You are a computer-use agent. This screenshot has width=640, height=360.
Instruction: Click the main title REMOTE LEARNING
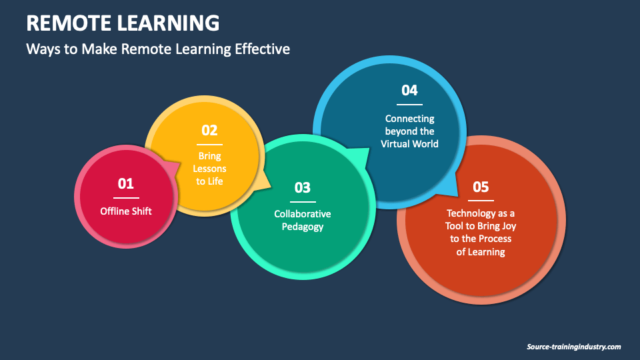click(123, 23)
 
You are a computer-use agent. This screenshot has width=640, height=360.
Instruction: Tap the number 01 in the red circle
click(126, 183)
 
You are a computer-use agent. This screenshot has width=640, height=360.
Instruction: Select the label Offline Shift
click(126, 211)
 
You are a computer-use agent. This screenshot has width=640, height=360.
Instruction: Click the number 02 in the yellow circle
click(209, 130)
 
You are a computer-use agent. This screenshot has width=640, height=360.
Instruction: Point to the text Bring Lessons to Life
click(209, 169)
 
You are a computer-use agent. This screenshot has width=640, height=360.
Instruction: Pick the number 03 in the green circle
click(303, 187)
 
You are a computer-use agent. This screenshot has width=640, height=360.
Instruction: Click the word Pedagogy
click(303, 227)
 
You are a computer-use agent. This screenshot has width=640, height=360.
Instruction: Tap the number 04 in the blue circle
click(409, 90)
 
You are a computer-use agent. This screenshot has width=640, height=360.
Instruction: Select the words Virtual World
click(409, 143)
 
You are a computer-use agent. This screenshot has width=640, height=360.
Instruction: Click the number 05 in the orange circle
click(481, 187)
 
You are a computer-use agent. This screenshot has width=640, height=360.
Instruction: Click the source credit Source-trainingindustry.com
click(573, 347)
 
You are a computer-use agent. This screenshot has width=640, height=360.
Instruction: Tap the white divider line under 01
click(126, 197)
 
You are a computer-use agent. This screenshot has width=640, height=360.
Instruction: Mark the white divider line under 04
click(409, 104)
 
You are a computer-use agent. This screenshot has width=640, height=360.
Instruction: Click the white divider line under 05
click(481, 200)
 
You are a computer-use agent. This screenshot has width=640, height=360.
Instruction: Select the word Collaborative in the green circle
click(303, 214)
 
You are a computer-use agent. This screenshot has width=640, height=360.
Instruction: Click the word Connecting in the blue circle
click(409, 119)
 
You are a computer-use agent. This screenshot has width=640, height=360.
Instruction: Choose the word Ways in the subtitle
click(40, 49)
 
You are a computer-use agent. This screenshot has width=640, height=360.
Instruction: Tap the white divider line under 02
click(209, 144)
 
